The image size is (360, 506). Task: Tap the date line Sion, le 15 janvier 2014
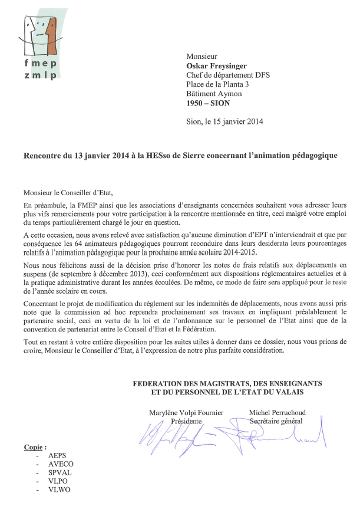(224, 122)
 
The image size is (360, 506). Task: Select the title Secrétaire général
(276, 422)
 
